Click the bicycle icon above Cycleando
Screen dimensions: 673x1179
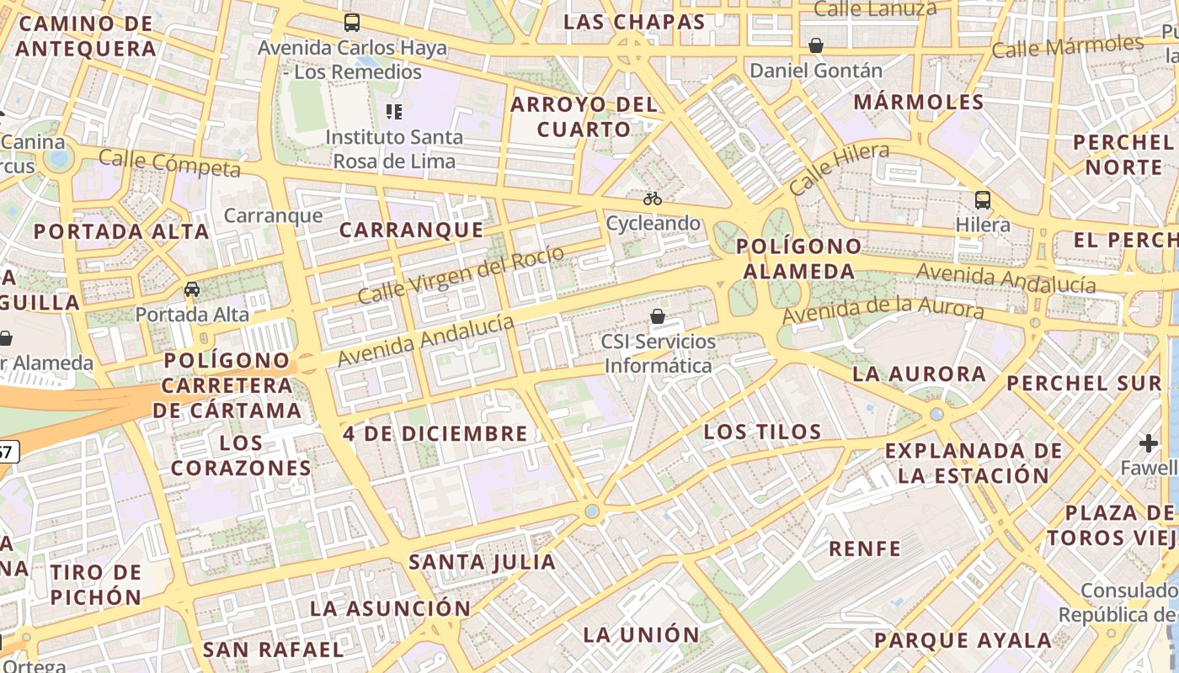click(653, 199)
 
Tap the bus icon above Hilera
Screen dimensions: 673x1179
click(983, 200)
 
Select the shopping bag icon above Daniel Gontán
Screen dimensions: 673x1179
click(815, 45)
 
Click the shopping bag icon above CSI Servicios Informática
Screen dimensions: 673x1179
click(658, 317)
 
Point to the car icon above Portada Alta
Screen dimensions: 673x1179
click(192, 289)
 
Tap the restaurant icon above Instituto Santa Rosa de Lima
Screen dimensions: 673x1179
click(393, 111)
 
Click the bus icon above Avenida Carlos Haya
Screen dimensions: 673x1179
click(352, 23)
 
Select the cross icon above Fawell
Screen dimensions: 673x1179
click(1149, 442)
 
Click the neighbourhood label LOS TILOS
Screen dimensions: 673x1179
click(762, 432)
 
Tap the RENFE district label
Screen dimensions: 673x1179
click(865, 549)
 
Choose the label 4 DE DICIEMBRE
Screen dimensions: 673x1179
click(435, 434)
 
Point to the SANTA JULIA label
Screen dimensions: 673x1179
click(482, 562)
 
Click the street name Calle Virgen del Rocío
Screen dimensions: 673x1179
click(461, 274)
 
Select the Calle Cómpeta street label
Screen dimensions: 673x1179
click(169, 163)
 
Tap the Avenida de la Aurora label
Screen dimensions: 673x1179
click(883, 309)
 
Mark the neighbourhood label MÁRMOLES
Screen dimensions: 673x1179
click(919, 103)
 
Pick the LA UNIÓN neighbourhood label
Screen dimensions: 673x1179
click(641, 635)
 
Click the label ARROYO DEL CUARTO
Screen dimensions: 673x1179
click(584, 117)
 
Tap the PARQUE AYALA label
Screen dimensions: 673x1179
click(963, 640)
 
